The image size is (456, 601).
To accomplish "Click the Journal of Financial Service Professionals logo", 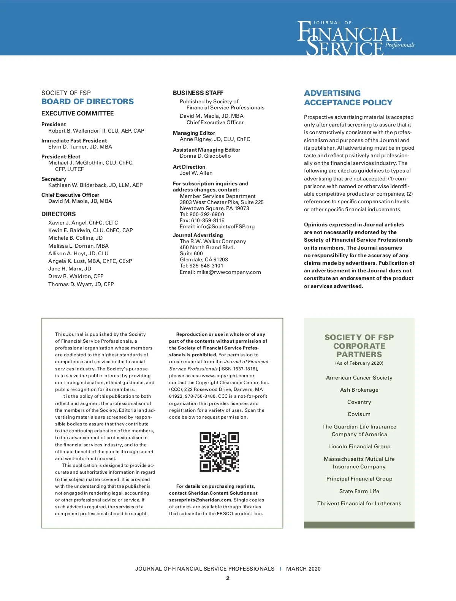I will click(355, 38).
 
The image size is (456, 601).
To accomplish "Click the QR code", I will click(219, 452).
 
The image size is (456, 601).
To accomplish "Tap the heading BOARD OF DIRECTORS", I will click(87, 101).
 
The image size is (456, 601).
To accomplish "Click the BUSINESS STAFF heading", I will click(198, 93).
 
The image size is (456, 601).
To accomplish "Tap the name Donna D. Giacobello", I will click(205, 156).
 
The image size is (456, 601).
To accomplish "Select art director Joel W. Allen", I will click(196, 173).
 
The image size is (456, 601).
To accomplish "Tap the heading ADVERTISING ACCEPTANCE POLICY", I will click(348, 98).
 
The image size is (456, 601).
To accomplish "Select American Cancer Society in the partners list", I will click(359, 378).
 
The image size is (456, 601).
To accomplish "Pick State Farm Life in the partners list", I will click(359, 491).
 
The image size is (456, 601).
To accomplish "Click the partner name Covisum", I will click(359, 414).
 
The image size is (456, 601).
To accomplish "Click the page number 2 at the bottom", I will click(228, 578).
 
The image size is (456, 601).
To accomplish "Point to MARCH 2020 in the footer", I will click(303, 569).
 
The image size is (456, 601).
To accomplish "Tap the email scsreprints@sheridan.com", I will click(200, 500).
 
